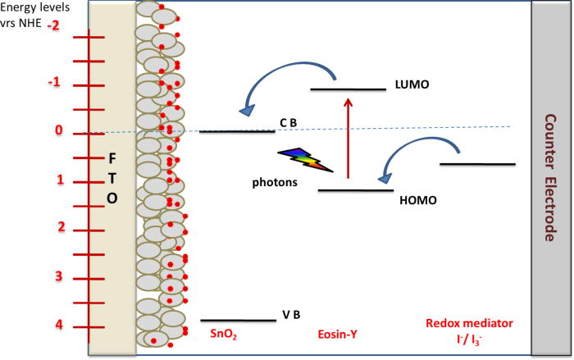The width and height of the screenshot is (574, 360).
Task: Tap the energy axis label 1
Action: point(59,180)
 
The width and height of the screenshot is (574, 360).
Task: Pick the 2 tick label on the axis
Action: point(59,227)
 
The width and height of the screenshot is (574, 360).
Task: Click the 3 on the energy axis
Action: point(59,276)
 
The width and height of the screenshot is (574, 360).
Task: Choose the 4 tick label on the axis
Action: point(59,325)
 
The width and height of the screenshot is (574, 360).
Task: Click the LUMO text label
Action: point(412,84)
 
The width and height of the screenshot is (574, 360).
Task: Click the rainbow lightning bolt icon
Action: point(306,159)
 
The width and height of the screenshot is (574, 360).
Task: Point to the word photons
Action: point(275,184)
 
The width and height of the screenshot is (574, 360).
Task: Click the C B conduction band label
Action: point(288,122)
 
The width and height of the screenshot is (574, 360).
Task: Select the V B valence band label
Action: point(291,315)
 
